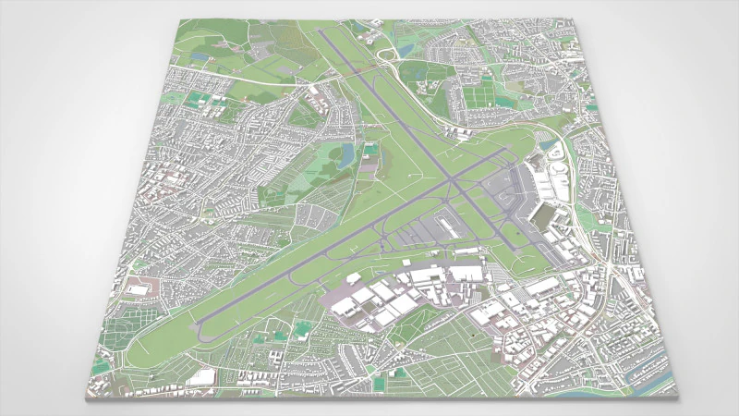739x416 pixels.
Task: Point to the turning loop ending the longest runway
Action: (205, 327)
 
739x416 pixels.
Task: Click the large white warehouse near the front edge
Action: (201, 377)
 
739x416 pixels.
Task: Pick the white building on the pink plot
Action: (138, 289)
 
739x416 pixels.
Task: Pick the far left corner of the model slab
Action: (176, 19)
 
